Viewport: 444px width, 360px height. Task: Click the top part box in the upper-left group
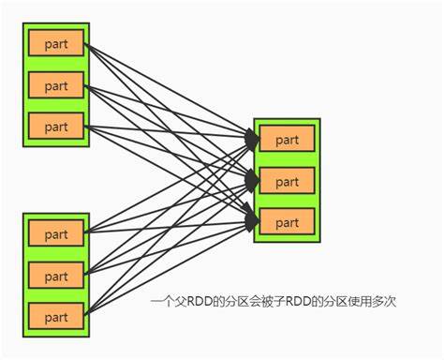(56, 43)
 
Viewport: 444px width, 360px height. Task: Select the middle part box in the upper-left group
(56, 85)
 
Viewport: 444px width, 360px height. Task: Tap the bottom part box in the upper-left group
(56, 127)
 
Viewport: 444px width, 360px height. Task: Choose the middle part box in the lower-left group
(56, 276)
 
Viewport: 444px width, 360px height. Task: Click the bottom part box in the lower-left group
(56, 316)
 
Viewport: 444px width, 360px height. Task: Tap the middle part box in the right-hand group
(288, 180)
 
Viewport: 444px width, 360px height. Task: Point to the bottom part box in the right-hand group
(288, 222)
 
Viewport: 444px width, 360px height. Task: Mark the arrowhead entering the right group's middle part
(252, 179)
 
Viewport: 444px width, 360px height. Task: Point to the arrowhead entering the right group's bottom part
(252, 220)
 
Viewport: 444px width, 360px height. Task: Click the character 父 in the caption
(176, 303)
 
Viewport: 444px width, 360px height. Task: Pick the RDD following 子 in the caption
(295, 303)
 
